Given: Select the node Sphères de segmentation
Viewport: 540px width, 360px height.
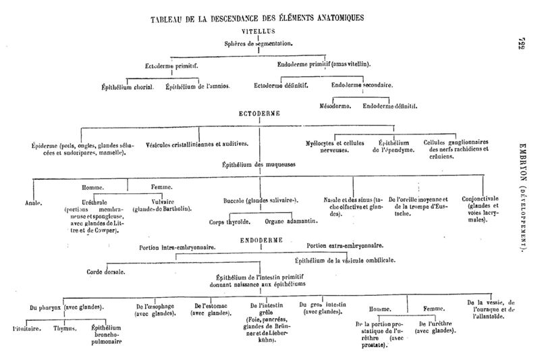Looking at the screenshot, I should tap(259, 43).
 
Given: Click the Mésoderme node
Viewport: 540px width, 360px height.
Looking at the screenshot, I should tap(336, 105).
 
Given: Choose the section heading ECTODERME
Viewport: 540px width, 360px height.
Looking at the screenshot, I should tap(259, 114).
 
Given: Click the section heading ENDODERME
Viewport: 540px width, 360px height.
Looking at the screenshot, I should tap(260, 239).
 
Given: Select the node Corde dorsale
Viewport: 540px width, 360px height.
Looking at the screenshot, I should tap(105, 272).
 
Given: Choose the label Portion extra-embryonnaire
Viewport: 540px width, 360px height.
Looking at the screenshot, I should tap(345, 245).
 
